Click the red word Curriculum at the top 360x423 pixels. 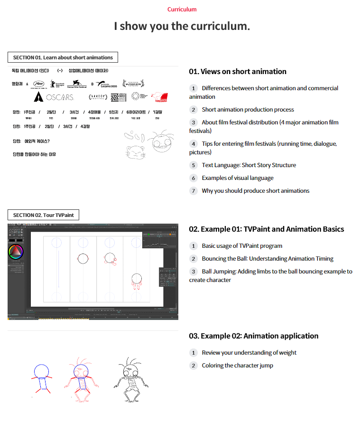click(182, 9)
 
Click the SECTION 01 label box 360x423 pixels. click(63, 57)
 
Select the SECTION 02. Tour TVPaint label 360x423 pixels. click(43, 215)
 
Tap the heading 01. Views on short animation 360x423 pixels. click(238, 72)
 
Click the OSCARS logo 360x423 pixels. click(54, 97)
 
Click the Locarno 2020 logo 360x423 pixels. click(108, 85)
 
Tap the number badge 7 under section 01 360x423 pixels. click(193, 191)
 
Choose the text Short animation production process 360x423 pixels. click(248, 110)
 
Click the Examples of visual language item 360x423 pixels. click(237, 178)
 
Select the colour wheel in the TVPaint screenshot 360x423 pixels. click(16, 252)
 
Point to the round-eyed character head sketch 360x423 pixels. click(159, 141)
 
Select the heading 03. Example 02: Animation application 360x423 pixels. click(254, 336)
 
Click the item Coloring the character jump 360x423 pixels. click(237, 366)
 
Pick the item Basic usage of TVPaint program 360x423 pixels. click(242, 246)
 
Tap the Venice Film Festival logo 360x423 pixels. click(76, 84)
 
